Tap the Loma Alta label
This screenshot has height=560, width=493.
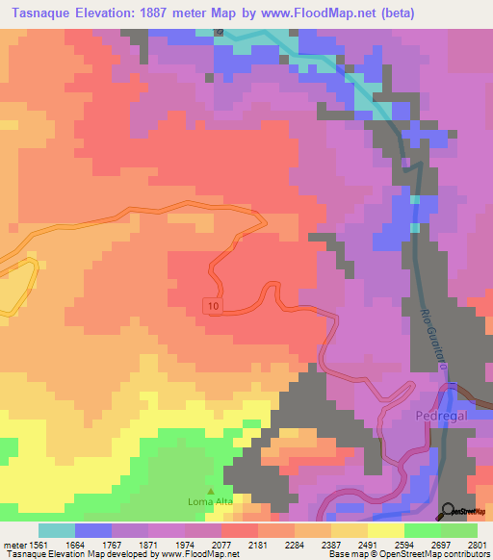pos(210,501)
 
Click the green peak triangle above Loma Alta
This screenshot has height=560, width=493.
pos(211,490)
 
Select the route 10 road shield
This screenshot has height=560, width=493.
pos(212,305)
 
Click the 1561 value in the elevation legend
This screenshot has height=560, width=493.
pos(39,544)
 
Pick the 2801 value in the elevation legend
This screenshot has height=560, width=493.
pos(479,544)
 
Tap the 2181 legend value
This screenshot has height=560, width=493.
pos(258,544)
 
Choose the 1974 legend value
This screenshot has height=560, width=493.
pos(185,544)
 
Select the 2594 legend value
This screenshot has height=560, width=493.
pos(405,544)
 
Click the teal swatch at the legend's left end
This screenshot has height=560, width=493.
pos(57,530)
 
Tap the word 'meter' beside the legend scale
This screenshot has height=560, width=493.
pos(12,544)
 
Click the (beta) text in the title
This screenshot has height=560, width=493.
pos(443,13)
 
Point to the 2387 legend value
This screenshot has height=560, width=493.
pos(332,544)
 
